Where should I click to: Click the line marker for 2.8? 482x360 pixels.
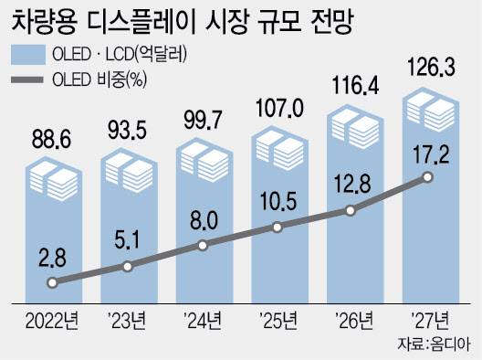(x=54, y=283)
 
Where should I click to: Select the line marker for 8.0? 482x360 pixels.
(x=203, y=245)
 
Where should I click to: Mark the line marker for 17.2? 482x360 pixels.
(x=425, y=177)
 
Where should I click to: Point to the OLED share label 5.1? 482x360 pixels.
(x=129, y=243)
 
